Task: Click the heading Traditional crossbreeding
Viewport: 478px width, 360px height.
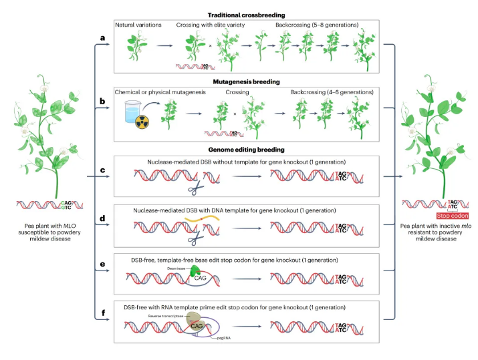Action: point(243,15)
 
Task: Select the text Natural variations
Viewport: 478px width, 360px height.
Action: point(138,25)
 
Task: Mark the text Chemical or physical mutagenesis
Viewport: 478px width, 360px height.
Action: point(155,91)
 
